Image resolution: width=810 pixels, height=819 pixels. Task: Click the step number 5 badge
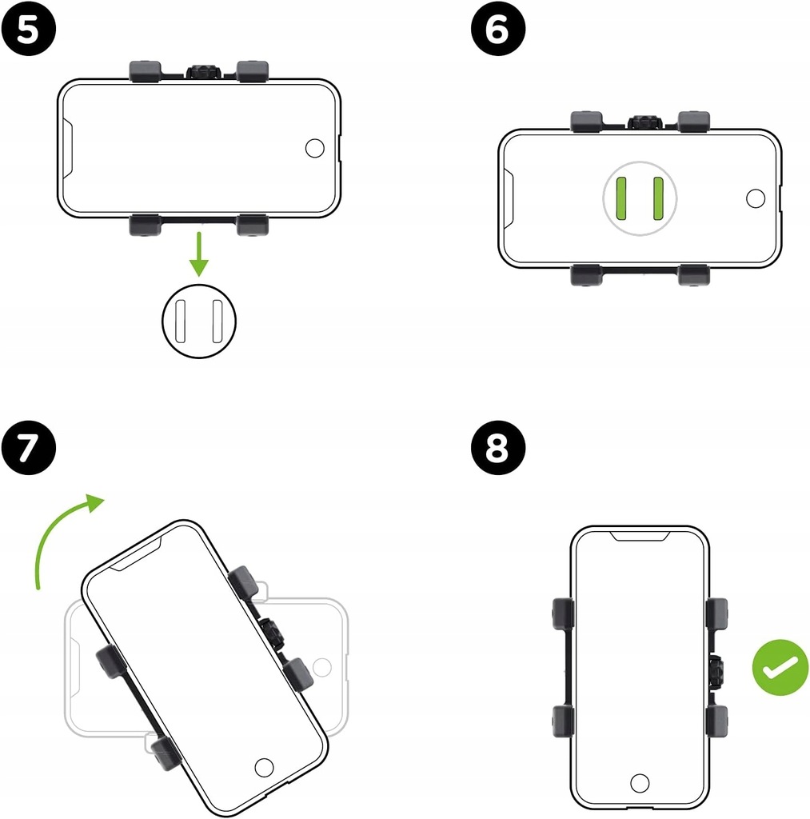click(x=28, y=29)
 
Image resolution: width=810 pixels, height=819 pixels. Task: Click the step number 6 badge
click(x=497, y=29)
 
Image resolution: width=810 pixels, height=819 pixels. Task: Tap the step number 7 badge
click(x=28, y=448)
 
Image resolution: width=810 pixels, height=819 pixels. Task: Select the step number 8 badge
click(x=497, y=448)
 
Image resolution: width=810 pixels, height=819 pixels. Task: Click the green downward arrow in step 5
click(x=199, y=254)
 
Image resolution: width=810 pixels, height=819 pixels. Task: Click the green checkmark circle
click(x=780, y=667)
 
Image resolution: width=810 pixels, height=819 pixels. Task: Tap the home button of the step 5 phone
click(x=314, y=148)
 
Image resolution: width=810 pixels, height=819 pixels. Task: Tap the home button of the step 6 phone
click(x=756, y=198)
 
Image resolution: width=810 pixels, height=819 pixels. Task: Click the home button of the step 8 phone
click(x=640, y=783)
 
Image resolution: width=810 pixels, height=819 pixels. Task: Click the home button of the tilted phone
click(x=264, y=767)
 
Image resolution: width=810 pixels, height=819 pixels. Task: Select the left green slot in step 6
click(x=621, y=198)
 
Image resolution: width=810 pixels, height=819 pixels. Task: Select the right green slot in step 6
click(x=658, y=198)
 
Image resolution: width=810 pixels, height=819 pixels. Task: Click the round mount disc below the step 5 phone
click(x=199, y=322)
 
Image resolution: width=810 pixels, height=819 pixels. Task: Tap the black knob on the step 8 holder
click(x=716, y=672)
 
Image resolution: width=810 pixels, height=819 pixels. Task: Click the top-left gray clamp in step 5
click(x=146, y=71)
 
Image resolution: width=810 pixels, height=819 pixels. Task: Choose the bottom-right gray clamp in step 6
click(x=693, y=275)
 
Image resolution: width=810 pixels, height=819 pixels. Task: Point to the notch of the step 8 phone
click(x=640, y=536)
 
